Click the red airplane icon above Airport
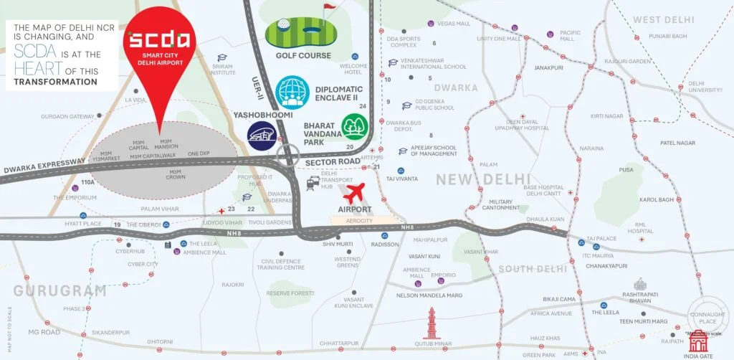pyautogui.click(x=355, y=194)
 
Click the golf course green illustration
pyautogui.click(x=304, y=33)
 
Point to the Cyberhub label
pyautogui.click(x=130, y=252)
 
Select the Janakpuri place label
pyautogui.click(x=548, y=68)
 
